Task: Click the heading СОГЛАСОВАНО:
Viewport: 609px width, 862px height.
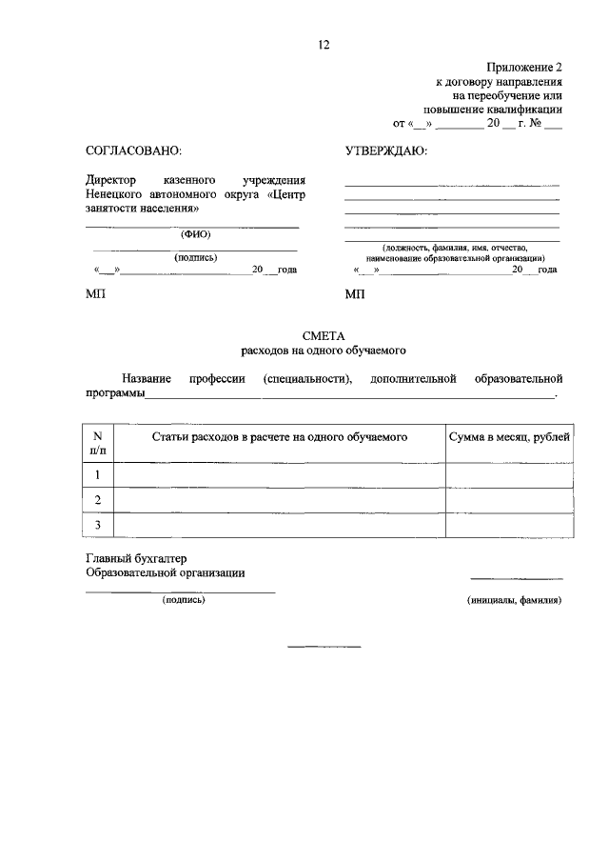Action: click(133, 151)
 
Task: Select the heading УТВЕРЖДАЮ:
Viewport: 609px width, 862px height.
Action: click(385, 151)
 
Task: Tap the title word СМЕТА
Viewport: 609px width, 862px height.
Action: click(323, 334)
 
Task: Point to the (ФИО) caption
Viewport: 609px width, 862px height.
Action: click(195, 234)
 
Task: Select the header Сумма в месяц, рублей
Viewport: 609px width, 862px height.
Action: click(509, 436)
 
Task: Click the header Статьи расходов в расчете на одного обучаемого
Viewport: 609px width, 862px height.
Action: click(280, 436)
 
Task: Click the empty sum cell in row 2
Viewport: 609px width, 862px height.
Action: click(509, 500)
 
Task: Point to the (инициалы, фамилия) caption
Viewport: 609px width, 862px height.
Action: click(514, 601)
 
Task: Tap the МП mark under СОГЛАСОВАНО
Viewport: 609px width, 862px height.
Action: click(96, 295)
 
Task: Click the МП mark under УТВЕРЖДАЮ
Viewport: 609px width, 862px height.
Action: click(355, 295)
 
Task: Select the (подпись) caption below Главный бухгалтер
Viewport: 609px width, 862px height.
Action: click(184, 600)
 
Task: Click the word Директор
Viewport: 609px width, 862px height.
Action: click(111, 179)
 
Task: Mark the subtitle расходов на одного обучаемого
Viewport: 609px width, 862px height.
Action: click(323, 350)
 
